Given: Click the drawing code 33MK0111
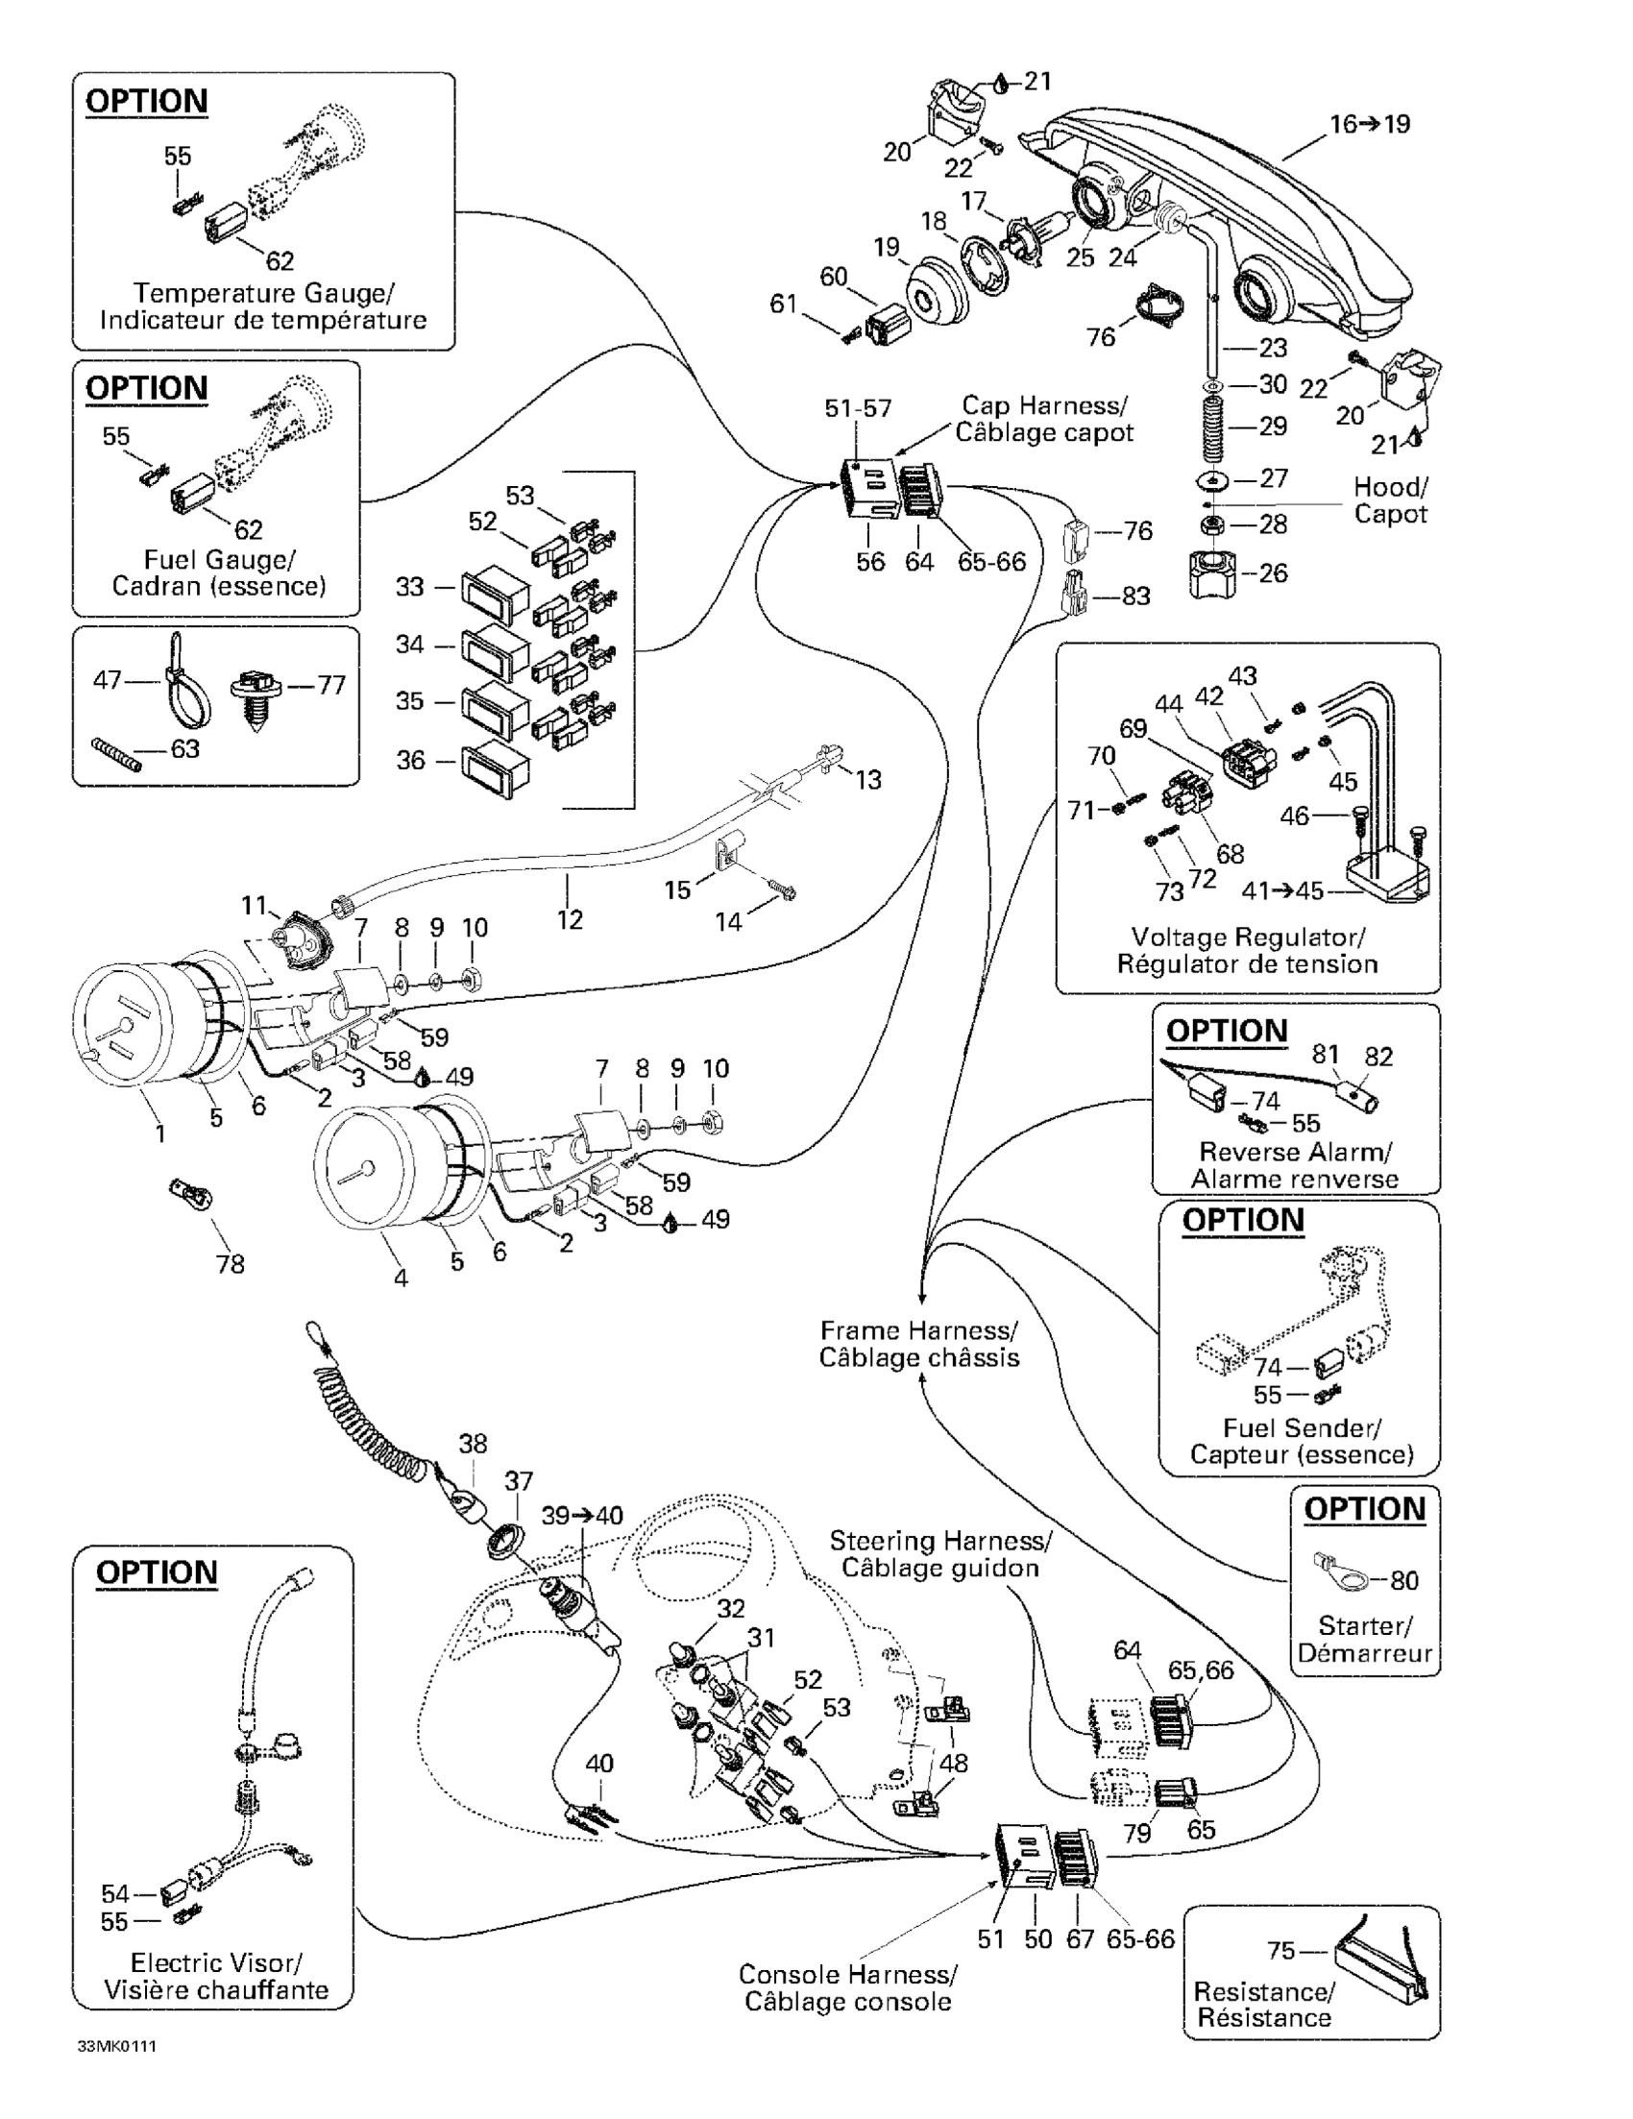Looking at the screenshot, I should click(117, 2046).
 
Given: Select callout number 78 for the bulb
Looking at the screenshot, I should click(231, 1264).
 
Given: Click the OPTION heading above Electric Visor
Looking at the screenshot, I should click(157, 1571).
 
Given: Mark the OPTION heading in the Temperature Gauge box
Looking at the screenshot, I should click(147, 101).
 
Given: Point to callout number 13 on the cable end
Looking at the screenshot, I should click(867, 779).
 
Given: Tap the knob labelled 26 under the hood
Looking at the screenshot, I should click(1213, 573).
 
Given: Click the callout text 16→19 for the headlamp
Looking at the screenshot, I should click(1369, 124).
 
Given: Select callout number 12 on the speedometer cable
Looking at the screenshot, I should click(570, 918).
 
